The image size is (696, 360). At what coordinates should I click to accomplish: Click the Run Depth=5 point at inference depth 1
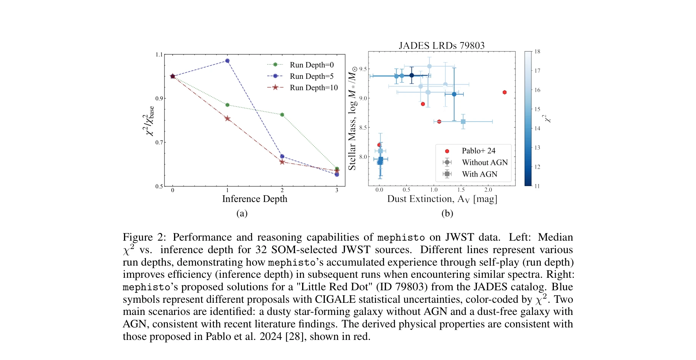227,61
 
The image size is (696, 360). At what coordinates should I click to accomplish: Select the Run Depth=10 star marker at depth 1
227,119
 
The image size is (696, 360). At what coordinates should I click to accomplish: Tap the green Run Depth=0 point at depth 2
282,115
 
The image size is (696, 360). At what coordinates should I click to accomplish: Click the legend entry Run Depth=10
314,88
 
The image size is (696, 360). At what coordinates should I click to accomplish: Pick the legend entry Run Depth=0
312,65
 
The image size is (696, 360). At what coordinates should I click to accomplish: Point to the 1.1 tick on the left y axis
159,55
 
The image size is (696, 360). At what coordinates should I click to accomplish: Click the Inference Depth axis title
254,199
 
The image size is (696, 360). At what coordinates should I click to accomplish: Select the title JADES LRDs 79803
442,46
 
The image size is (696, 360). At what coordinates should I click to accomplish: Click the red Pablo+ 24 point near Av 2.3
505,92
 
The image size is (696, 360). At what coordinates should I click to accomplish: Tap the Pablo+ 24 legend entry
478,151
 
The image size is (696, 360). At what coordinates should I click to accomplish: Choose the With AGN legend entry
479,174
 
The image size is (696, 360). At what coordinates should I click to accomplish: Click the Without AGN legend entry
484,163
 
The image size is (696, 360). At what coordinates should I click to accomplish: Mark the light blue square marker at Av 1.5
463,122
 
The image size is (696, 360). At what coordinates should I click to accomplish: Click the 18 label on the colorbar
538,52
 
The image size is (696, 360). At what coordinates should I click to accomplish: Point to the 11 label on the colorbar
537,186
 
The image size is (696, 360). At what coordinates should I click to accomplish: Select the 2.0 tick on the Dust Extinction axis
488,190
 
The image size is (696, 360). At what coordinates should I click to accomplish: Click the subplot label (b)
447,213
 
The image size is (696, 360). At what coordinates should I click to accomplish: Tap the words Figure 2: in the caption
144,237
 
